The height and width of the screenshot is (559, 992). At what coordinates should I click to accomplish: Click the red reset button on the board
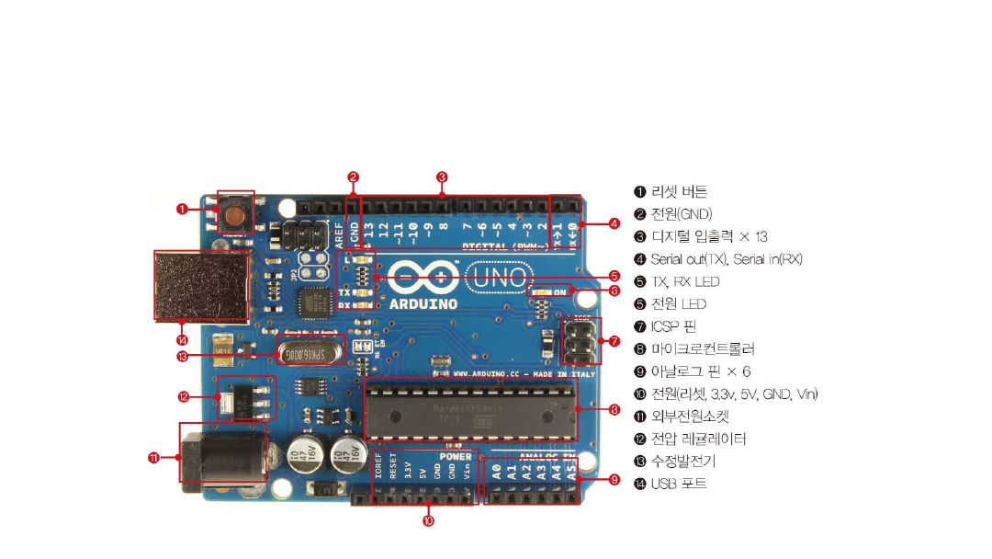point(236,216)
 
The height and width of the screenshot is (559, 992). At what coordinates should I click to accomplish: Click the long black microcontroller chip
point(471,407)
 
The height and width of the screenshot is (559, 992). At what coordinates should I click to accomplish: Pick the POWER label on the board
point(455,456)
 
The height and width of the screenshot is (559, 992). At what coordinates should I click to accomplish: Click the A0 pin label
point(497,473)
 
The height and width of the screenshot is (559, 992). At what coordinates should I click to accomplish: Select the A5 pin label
point(571,473)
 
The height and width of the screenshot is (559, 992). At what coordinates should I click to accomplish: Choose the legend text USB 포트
point(679,483)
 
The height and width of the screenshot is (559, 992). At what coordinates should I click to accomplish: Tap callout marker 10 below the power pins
point(428,521)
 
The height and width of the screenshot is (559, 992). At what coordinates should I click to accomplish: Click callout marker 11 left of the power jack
point(153,457)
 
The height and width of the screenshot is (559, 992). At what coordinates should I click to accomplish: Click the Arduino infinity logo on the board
point(423,275)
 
